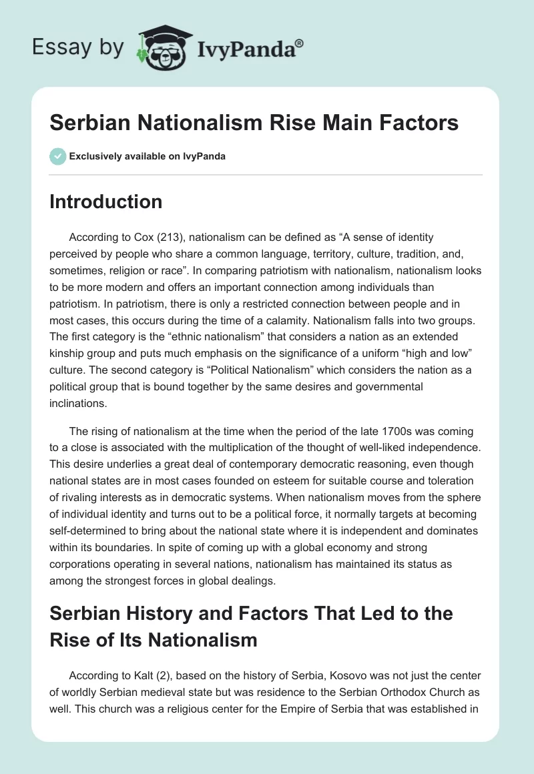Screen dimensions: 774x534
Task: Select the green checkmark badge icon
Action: (x=57, y=156)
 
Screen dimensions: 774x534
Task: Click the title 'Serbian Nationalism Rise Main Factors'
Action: (x=254, y=123)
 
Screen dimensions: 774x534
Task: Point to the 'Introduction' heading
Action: (x=106, y=202)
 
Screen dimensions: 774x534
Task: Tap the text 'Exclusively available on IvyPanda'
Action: (x=148, y=156)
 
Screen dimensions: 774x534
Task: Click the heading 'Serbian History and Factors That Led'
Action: (x=250, y=613)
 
